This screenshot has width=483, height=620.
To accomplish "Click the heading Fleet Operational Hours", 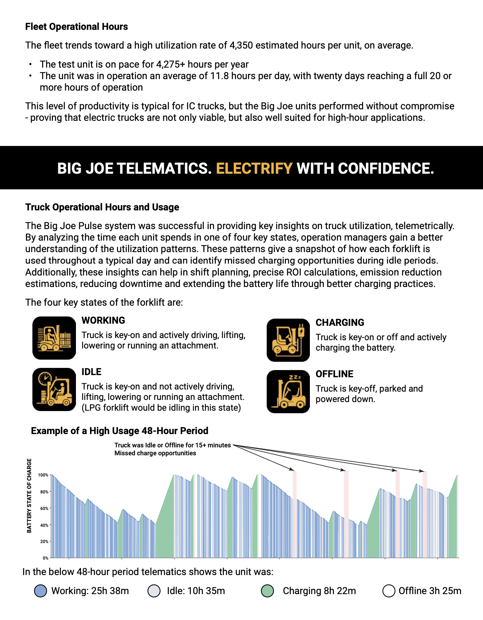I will tap(76, 27).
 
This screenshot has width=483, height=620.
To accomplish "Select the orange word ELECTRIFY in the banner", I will tap(254, 168).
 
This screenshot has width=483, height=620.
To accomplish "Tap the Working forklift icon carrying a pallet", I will tap(54, 338).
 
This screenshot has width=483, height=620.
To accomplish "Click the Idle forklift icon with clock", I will tap(54, 389).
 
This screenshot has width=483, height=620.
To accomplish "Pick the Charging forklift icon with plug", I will tap(288, 340).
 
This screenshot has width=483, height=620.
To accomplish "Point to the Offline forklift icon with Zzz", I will tap(288, 392).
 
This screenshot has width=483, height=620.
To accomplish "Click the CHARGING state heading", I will tap(340, 323).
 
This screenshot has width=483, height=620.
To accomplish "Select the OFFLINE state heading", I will tap(334, 374).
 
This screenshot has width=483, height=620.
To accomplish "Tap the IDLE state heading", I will tap(91, 372).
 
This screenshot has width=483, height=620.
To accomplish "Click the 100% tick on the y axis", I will tap(43, 475).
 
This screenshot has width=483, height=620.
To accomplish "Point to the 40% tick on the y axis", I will tap(44, 525).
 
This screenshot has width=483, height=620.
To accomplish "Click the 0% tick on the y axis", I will tap(45, 558).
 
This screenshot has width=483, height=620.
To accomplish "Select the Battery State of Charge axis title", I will tap(29, 496).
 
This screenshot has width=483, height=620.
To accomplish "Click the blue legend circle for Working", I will tap(40, 591).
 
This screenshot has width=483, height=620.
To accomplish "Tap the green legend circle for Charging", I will tap(267, 591).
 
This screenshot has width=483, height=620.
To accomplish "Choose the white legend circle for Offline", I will tap(389, 591).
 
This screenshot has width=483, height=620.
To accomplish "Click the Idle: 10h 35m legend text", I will tap(196, 591).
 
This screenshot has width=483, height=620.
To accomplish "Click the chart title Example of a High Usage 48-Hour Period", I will tap(119, 431).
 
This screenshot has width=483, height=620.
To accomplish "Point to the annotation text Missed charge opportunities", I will tap(155, 453).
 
